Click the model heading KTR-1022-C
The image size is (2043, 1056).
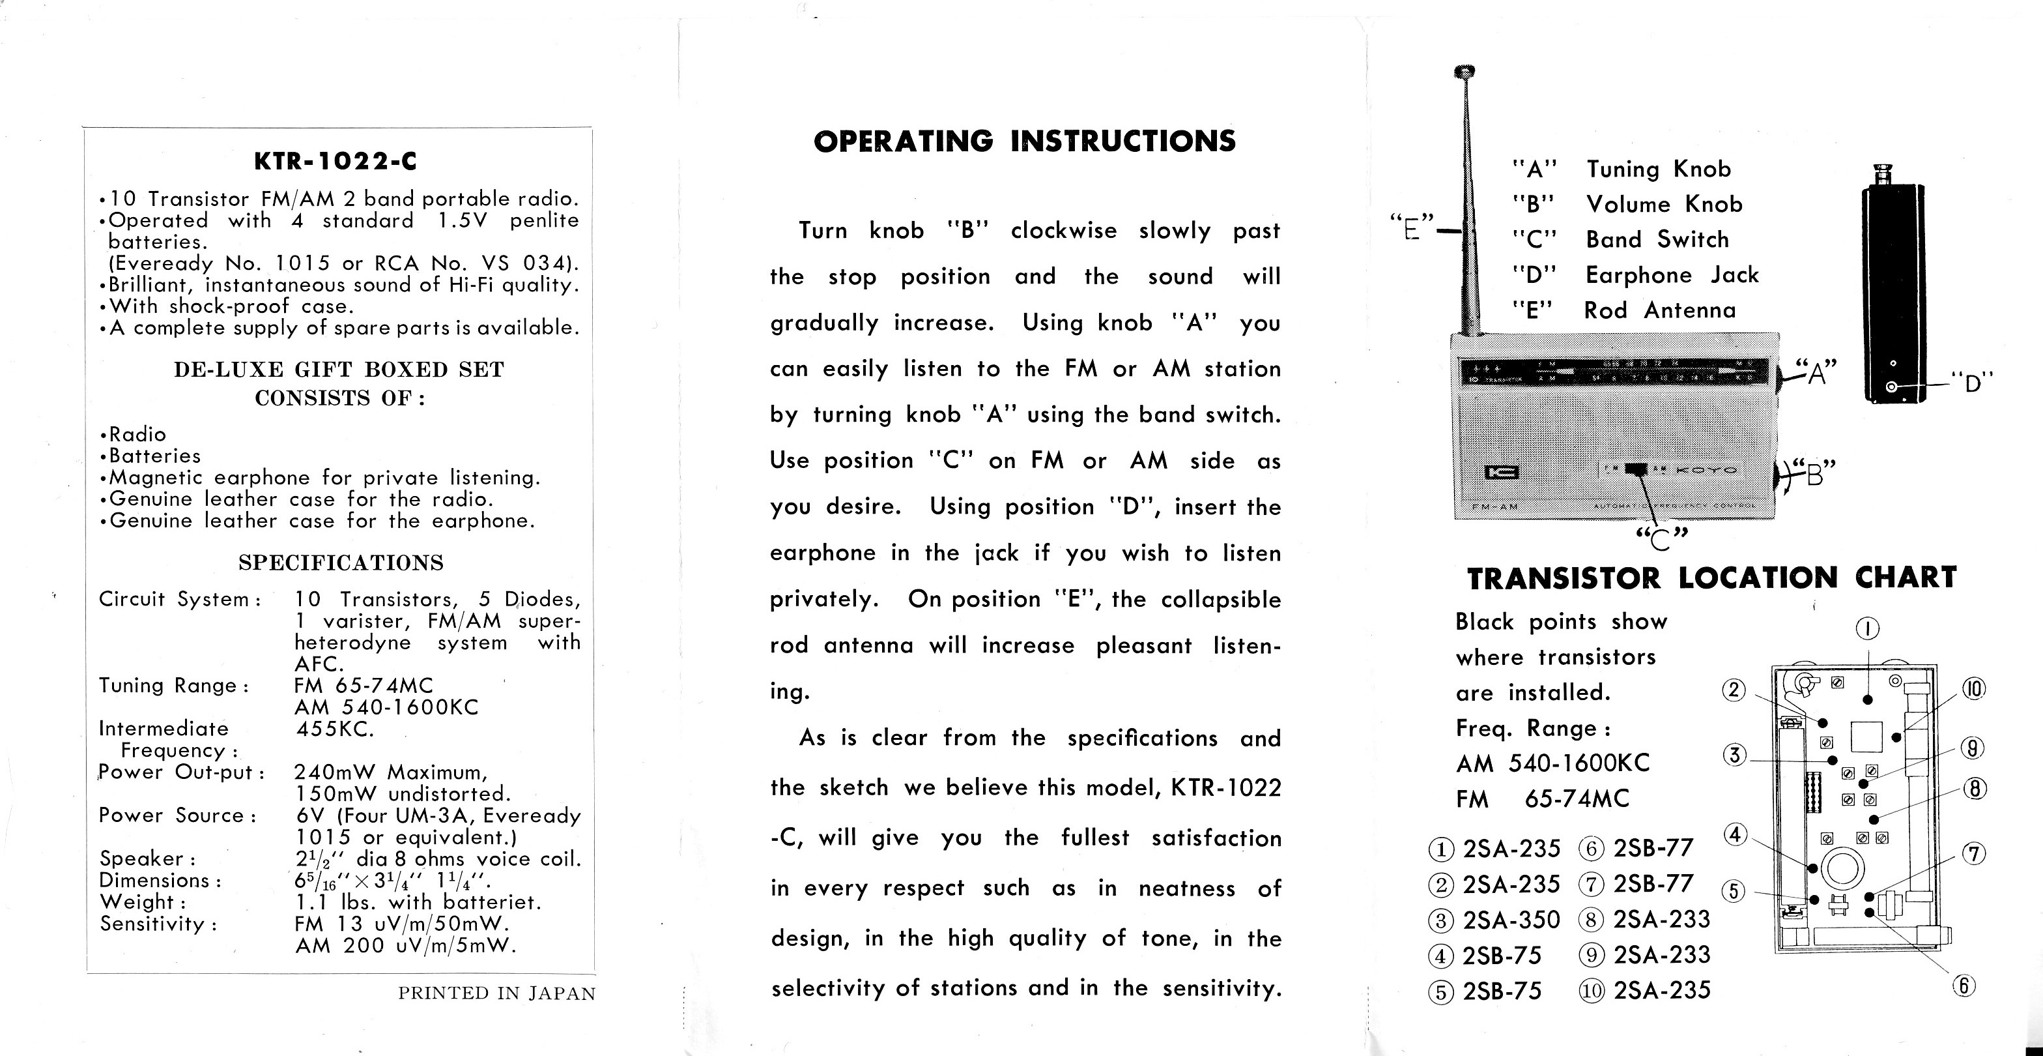(x=335, y=162)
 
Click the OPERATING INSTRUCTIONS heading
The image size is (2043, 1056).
(x=1024, y=141)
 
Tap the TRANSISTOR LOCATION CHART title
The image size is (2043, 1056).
(x=1711, y=578)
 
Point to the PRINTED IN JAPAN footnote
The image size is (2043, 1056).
(x=496, y=993)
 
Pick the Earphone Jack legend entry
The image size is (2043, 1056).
(x=1672, y=275)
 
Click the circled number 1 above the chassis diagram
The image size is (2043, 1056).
(x=1868, y=629)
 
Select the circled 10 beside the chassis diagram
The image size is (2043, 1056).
(x=1973, y=690)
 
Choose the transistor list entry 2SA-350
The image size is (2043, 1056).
(x=1510, y=920)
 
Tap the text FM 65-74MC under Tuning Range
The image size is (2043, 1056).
(x=364, y=686)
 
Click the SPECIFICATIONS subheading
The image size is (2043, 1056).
(x=340, y=563)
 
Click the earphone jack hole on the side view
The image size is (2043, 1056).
(x=1893, y=387)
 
